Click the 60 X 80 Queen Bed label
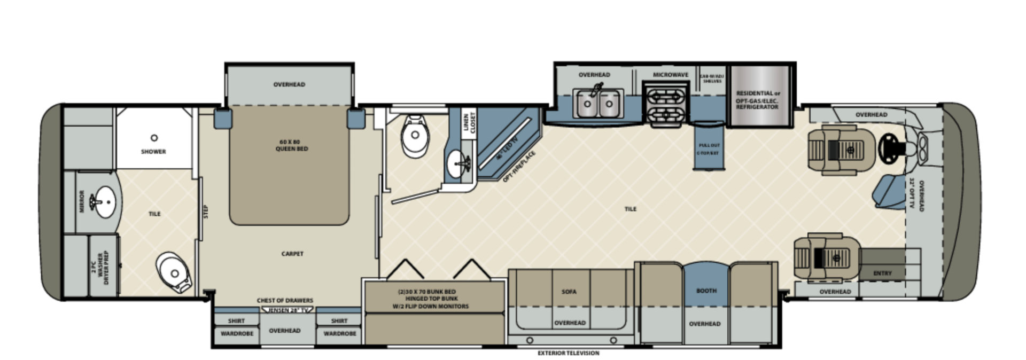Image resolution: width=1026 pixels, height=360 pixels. (292, 145)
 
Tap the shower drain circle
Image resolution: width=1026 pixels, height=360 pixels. (154, 138)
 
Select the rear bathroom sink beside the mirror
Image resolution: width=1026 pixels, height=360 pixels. (104, 202)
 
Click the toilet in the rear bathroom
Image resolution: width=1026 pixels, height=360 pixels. (174, 272)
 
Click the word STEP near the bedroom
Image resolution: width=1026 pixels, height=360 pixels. (206, 212)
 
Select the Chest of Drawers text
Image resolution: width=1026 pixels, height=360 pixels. (285, 301)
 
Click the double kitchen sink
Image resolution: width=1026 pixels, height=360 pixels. (598, 103)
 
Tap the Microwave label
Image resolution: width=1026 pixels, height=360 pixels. (670, 75)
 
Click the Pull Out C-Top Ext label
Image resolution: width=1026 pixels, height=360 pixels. (708, 148)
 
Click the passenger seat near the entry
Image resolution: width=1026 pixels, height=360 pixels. (826, 257)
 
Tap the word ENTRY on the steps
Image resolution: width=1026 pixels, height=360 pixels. (882, 273)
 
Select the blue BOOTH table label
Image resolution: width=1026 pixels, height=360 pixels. (706, 291)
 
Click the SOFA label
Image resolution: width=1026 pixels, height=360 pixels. (569, 292)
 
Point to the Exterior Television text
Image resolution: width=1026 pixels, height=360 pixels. (568, 353)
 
